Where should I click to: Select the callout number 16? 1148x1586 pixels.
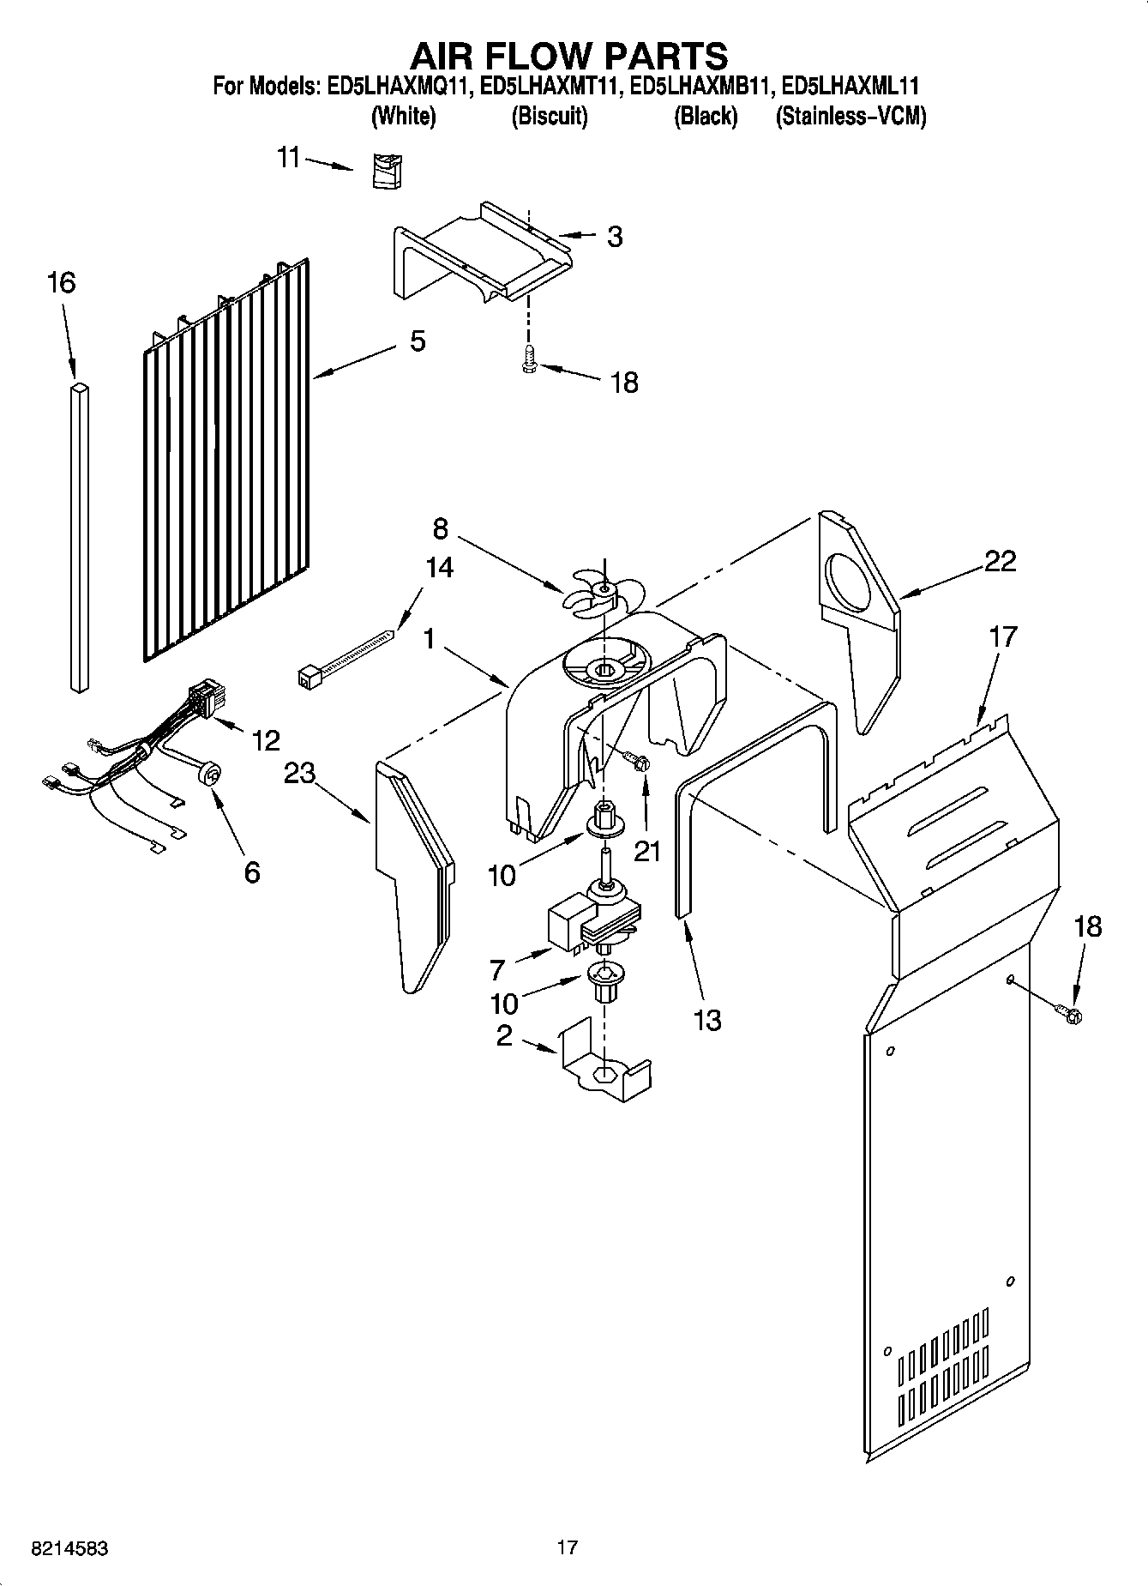click(x=61, y=283)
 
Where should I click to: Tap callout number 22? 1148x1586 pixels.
click(x=1000, y=562)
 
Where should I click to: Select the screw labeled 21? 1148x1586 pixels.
click(x=636, y=761)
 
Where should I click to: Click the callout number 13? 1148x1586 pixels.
click(x=708, y=1021)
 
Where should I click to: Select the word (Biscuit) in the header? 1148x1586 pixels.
click(x=549, y=117)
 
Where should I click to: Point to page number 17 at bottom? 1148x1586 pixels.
click(x=567, y=1547)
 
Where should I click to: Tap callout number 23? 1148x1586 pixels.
click(x=299, y=774)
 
